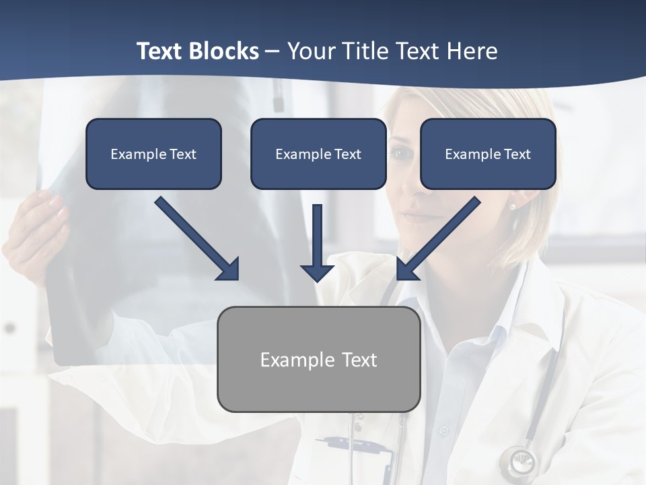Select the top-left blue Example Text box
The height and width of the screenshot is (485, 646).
(153, 154)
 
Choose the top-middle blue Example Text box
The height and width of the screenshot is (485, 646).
(318, 154)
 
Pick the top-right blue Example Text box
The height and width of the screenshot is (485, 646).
(488, 154)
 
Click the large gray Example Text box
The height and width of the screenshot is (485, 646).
(318, 359)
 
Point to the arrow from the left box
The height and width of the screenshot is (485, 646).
(197, 238)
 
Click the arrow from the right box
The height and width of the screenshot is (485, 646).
(438, 238)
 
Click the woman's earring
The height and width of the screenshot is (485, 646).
(512, 206)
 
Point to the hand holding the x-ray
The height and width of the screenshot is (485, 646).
(37, 229)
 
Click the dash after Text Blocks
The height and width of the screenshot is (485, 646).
(273, 51)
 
